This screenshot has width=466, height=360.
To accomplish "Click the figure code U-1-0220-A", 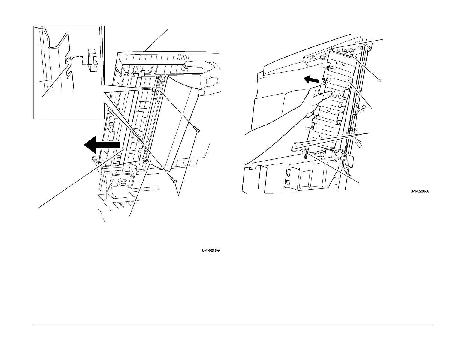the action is pos(419,191).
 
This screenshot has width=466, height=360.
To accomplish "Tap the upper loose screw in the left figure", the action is pos(197,130).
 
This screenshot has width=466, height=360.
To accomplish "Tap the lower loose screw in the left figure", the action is pos(173,180).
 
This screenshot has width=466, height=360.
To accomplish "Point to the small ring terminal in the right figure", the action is pos(296,142).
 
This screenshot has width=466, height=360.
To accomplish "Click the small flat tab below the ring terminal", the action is pos(295,148).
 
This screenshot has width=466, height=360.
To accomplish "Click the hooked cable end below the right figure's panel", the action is pos(305,156).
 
